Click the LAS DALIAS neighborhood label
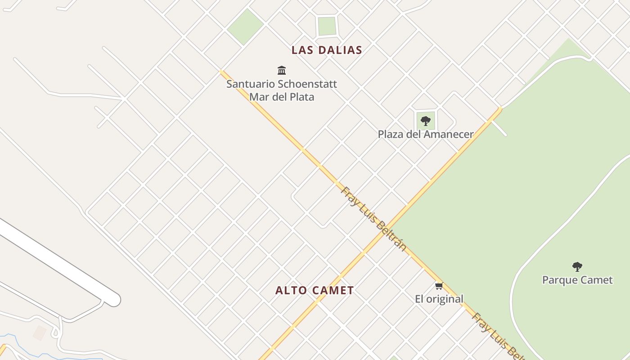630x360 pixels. (x=327, y=50)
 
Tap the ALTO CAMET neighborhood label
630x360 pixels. (x=315, y=291)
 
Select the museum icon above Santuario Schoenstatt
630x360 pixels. (x=282, y=70)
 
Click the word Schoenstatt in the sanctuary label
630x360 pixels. (x=307, y=84)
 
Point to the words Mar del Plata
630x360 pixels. (x=282, y=97)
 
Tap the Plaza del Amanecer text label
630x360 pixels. (x=425, y=134)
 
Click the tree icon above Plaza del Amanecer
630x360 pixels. (x=425, y=121)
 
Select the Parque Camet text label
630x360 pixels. (x=577, y=280)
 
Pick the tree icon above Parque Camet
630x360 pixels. (x=577, y=266)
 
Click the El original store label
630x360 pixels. (x=439, y=299)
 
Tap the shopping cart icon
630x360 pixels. (x=439, y=286)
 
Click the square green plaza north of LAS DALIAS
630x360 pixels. (x=327, y=26)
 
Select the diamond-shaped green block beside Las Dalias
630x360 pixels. (x=245, y=26)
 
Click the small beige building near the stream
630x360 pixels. (x=40, y=333)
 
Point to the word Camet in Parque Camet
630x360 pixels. (x=595, y=280)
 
